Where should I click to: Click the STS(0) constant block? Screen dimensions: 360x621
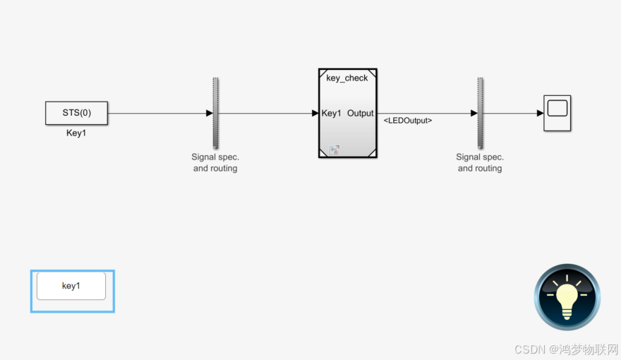76,113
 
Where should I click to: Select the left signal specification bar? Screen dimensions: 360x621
215,112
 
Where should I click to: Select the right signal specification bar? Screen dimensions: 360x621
480,112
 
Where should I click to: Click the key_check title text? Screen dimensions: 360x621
347,78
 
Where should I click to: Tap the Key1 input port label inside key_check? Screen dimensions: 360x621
332,113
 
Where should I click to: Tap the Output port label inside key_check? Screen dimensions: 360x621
361,113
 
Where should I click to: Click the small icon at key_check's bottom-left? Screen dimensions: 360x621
334,150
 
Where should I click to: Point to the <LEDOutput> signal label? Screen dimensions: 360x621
408,121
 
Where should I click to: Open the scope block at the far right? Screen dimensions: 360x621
557,113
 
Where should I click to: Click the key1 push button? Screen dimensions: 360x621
71,286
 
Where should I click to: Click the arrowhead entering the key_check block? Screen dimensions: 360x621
315,113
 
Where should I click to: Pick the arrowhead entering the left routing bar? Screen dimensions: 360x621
209,113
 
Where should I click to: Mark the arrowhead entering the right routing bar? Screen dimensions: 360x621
474,113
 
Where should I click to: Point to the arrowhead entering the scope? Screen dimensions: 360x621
539,113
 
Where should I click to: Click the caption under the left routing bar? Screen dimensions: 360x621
215,163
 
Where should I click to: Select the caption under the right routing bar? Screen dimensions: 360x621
480,163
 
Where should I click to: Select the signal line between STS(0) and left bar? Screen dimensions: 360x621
155,113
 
